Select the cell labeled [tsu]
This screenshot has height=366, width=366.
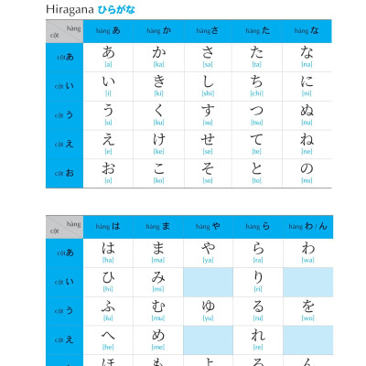pyautogui.click(x=257, y=115)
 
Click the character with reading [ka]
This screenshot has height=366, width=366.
pyautogui.click(x=158, y=56)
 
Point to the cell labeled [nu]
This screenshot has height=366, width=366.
pyautogui.click(x=307, y=115)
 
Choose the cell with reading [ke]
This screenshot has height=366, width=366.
pyautogui.click(x=158, y=144)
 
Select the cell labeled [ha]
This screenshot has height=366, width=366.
pyautogui.click(x=108, y=252)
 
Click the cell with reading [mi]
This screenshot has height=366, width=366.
pyautogui.click(x=158, y=281)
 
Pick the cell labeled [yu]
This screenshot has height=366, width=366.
pyautogui.click(x=208, y=310)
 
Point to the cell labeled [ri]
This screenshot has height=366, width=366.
pyautogui.click(x=257, y=281)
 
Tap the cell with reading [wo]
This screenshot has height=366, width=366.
pyautogui.click(x=307, y=310)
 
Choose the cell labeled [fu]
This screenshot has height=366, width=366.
pyautogui.click(x=108, y=310)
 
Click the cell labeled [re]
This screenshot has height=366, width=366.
pyautogui.click(x=257, y=339)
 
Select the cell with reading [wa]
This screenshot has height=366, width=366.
pyautogui.click(x=307, y=252)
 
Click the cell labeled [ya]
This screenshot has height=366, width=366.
pyautogui.click(x=208, y=252)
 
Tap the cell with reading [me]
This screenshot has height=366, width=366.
pyautogui.click(x=158, y=339)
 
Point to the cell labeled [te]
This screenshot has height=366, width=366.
pyautogui.click(x=257, y=144)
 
